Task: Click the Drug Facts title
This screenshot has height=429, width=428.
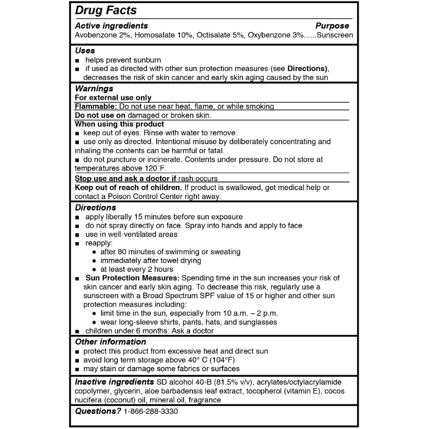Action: pyautogui.click(x=106, y=10)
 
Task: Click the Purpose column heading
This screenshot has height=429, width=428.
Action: pyautogui.click(x=332, y=26)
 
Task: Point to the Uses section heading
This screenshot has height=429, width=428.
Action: pyautogui.click(x=85, y=51)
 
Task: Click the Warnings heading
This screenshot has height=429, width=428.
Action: pyautogui.click(x=94, y=88)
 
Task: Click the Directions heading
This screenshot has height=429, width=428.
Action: pyautogui.click(x=96, y=207)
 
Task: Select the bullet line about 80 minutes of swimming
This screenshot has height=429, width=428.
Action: pyautogui.click(x=170, y=252)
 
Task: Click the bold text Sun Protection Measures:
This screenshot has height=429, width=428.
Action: pyautogui.click(x=133, y=278)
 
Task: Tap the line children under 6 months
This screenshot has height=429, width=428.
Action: pyautogui.click(x=149, y=331)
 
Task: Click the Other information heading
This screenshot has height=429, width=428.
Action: pyautogui.click(x=110, y=342)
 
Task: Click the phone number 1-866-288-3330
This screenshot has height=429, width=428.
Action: pyautogui.click(x=151, y=411)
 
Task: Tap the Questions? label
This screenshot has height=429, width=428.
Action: pyautogui.click(x=98, y=411)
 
